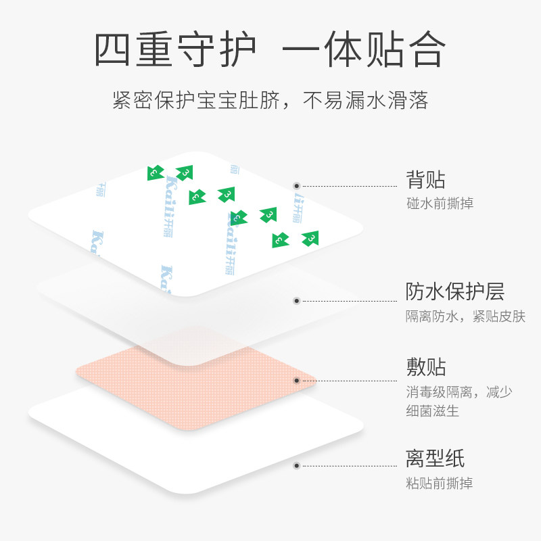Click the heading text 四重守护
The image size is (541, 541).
[175, 49]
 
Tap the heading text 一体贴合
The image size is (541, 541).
[364, 49]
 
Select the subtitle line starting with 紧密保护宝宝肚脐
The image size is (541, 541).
[270, 101]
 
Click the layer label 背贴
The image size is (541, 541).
[425, 181]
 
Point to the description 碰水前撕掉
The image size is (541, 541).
[440, 203]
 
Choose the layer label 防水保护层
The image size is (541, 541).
[454, 292]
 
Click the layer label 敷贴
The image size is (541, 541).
[425, 368]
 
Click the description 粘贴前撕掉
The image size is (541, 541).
[440, 483]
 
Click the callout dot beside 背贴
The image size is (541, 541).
[296, 185]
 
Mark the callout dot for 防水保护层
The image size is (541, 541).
[296, 300]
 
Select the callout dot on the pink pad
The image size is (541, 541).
[296, 381]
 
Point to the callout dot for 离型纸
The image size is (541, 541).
[296, 465]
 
